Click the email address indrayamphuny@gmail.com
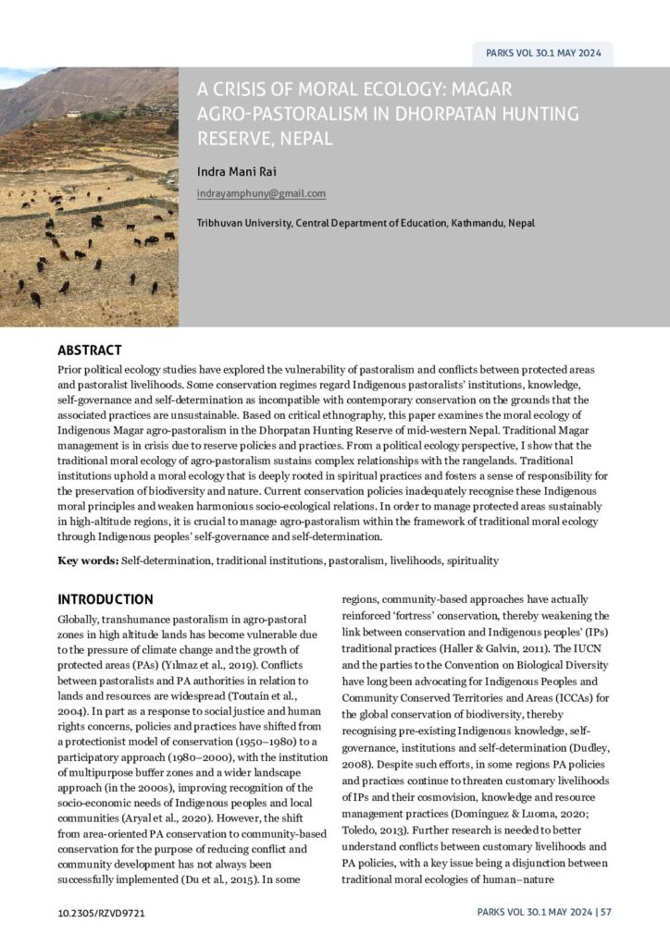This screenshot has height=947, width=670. (261, 193)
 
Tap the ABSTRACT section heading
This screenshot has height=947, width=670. (90, 351)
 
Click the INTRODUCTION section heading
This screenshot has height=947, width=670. (105, 599)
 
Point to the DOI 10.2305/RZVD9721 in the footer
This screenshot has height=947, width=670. (101, 913)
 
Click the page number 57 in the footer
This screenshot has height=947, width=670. (606, 913)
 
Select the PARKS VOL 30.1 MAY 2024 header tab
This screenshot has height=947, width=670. (543, 54)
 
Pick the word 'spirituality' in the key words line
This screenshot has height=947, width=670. (473, 560)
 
